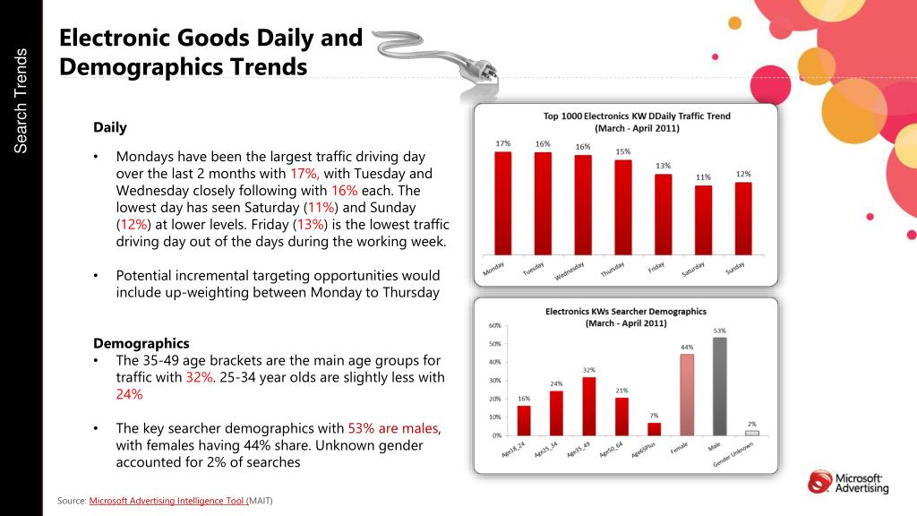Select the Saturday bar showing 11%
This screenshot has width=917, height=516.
[x=703, y=220]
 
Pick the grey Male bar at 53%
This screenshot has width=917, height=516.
[x=720, y=386]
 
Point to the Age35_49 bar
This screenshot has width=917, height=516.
[x=588, y=406]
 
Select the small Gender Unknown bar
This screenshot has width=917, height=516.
[x=752, y=433]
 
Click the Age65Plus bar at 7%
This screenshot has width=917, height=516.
[x=654, y=428]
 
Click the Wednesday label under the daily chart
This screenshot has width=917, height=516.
[x=570, y=271]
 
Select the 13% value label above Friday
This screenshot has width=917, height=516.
[x=663, y=166]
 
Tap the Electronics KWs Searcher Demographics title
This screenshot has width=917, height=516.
[x=626, y=317]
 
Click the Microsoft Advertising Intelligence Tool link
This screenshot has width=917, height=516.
[x=167, y=500]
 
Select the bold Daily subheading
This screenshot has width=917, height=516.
[x=110, y=127]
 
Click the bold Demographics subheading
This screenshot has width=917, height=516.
[x=141, y=343]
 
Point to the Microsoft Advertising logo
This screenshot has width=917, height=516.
[x=848, y=482]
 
